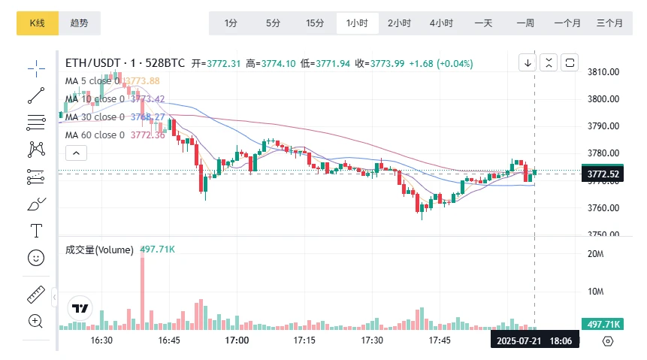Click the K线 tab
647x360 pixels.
37,23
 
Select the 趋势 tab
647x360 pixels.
79,23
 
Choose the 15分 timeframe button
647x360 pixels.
315,23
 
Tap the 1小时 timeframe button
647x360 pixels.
357,23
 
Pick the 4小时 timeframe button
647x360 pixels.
441,23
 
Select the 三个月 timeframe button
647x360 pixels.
609,23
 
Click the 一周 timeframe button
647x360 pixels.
525,23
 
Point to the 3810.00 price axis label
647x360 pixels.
603,72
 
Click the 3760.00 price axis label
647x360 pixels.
603,207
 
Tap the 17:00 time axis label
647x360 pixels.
237,340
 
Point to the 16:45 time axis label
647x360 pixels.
169,340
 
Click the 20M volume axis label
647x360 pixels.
596,254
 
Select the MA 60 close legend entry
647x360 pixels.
95,135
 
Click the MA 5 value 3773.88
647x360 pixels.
145,81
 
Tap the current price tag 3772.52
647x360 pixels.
603,174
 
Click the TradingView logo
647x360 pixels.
80,308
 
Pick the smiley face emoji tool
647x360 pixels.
36,258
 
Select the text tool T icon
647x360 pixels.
36,230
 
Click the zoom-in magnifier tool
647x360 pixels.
36,321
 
